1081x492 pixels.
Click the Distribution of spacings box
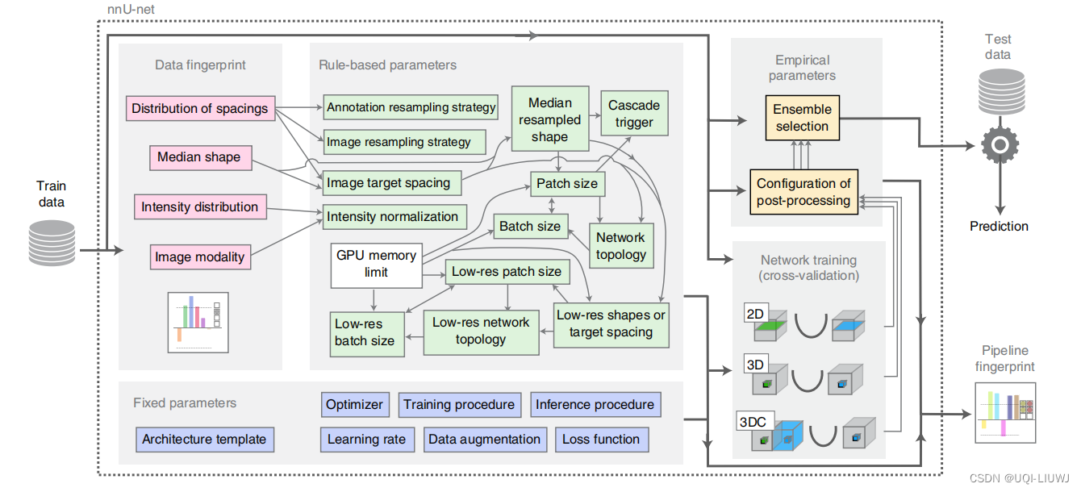[x=199, y=108]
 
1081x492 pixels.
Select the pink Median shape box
[x=198, y=156]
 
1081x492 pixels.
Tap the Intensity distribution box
[x=199, y=206]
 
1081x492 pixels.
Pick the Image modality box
[x=199, y=256]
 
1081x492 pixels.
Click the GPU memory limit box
[x=376, y=264]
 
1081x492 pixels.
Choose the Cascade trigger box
[x=634, y=114]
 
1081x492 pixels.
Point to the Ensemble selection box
[x=801, y=118]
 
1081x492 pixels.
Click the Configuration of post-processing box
[x=803, y=192]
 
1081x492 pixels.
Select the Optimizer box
[x=355, y=404]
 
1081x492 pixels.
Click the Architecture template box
[x=204, y=440]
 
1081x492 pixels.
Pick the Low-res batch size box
[x=365, y=332]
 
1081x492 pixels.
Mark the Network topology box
[x=620, y=246]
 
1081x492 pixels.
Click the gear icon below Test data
[x=998, y=145]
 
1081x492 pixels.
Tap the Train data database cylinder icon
[x=52, y=242]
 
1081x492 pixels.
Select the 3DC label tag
[x=755, y=420]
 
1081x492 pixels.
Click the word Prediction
[x=999, y=227]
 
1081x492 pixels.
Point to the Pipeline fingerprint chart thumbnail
[x=1004, y=413]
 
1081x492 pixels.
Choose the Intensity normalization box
[x=392, y=216]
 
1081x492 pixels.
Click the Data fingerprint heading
[x=200, y=65]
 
